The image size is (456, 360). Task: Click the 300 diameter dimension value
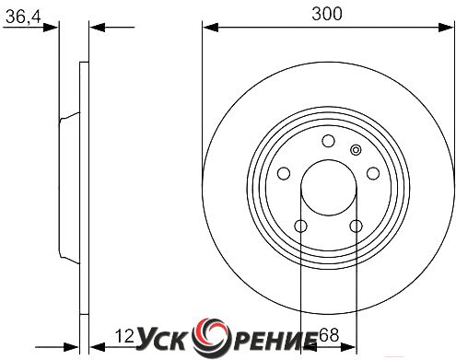coord(326,14)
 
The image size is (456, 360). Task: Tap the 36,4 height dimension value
coord(23,17)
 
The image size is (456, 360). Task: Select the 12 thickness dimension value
coord(124,336)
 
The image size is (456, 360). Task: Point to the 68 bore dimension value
coord(329,335)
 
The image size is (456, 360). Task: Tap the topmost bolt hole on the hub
coord(328,141)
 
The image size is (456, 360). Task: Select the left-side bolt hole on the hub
coord(284,173)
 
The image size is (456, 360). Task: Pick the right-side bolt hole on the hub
coord(373,173)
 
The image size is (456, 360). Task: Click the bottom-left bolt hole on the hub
coord(300,226)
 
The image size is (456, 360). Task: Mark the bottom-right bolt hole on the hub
coord(357,226)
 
